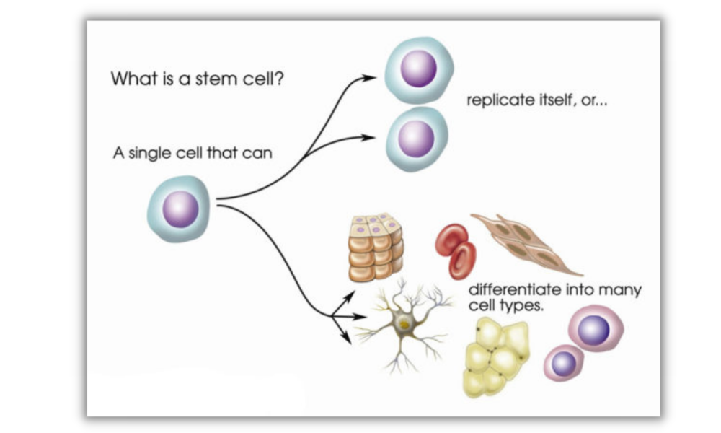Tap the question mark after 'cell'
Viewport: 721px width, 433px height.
click(279, 78)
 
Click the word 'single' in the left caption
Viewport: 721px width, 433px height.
click(148, 154)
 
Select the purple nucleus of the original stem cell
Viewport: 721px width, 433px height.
click(180, 209)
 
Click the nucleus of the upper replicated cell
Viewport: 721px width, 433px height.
click(418, 69)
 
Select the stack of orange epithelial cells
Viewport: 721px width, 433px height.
click(376, 248)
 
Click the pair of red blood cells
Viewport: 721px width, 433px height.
click(456, 250)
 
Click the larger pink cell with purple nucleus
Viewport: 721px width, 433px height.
click(594, 330)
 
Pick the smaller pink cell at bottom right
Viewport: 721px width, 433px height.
click(564, 362)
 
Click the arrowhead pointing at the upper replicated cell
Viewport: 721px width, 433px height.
click(371, 77)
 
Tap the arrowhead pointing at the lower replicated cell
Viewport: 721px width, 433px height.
click(370, 136)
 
